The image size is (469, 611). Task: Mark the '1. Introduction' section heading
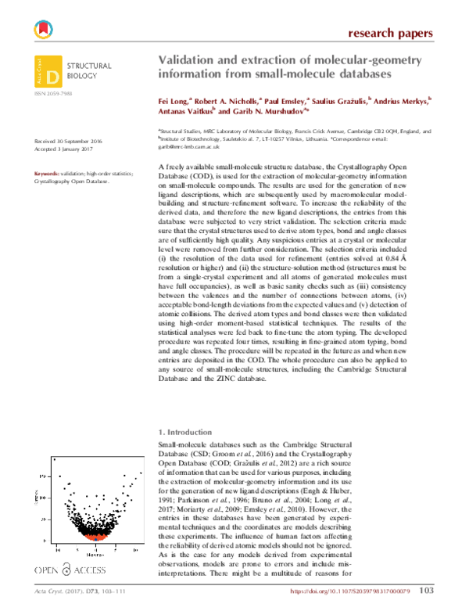point(185,432)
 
